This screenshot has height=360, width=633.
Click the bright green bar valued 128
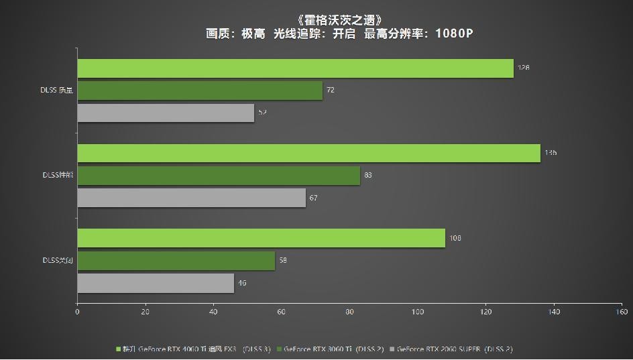tap(295, 68)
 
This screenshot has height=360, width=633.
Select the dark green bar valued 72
tap(200, 91)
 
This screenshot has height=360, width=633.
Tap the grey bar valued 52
tap(166, 113)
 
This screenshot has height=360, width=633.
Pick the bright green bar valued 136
tap(308, 153)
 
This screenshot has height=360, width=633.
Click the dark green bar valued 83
tap(219, 176)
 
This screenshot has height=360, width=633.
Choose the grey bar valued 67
tap(191, 198)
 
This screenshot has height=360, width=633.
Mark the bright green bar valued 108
tap(261, 238)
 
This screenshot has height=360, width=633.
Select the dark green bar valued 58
tap(176, 261)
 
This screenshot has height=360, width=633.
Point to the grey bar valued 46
tap(156, 283)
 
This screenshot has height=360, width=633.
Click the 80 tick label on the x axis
tap(350, 312)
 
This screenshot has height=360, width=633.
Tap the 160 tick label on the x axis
tap(622, 312)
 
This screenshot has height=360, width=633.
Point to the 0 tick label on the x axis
tap(77, 312)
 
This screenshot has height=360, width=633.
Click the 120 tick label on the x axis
tap(486, 312)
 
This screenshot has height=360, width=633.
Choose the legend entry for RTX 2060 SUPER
tap(454, 349)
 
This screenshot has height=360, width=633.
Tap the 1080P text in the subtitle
tap(454, 33)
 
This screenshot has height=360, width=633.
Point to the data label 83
tap(368, 176)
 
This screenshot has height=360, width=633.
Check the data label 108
tap(455, 238)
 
